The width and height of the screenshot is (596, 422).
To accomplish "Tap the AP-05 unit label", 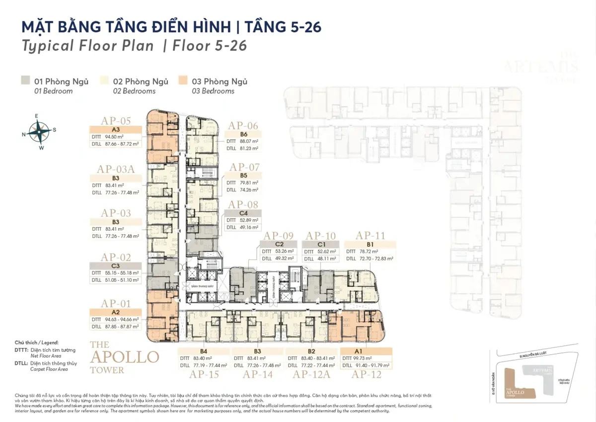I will point(116,121).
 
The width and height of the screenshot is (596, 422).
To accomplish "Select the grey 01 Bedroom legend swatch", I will point(25,81).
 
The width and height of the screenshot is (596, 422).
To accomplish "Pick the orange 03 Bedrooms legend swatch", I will point(183,81).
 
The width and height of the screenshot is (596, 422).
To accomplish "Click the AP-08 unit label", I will point(243,204).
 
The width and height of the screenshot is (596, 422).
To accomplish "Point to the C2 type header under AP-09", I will point(279,244).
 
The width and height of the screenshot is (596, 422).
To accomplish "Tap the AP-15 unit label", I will point(203,374).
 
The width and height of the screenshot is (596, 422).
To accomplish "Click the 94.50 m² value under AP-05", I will point(114,137).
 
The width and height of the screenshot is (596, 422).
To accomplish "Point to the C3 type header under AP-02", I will point(115,265).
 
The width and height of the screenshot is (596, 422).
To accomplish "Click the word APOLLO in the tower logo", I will point(124,357).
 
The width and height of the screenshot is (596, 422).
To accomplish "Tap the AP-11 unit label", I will point(371,236).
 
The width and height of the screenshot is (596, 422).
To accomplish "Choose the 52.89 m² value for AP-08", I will point(249,220).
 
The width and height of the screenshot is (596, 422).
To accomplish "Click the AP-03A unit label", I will point(116,169).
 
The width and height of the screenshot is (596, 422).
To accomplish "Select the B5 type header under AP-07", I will point(243,175).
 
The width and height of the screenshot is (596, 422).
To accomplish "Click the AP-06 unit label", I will point(243,126).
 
